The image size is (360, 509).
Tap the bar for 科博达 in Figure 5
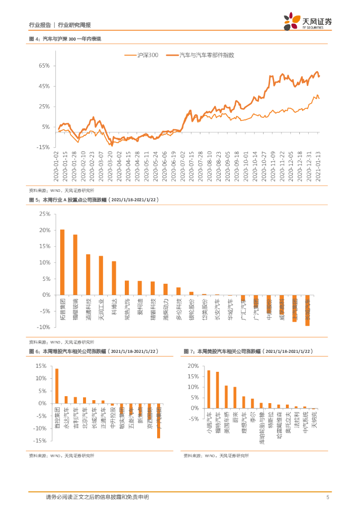pyautogui.click(x=114, y=278)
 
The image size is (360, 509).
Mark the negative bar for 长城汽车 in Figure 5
pyautogui.click(x=307, y=310)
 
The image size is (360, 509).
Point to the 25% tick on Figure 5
pyautogui.click(x=44, y=214)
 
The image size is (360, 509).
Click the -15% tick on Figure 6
pyautogui.click(x=40, y=440)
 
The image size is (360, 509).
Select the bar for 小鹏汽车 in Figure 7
pyautogui.click(x=208, y=389)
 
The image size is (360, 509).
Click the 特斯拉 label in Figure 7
pyautogui.click(x=270, y=421)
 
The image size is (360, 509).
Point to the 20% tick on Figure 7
pyautogui.click(x=192, y=366)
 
